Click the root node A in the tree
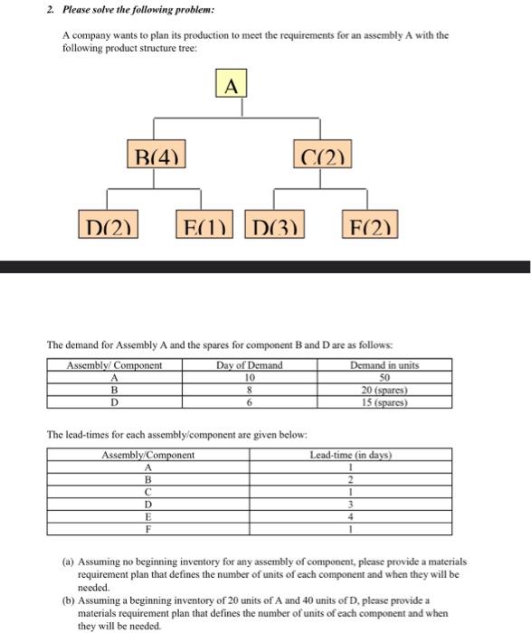(231, 87)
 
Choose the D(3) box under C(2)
(275, 222)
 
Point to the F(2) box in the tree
(369, 222)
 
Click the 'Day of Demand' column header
(250, 365)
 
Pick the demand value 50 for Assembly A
(384, 377)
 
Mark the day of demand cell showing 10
(250, 377)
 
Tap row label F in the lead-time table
(147, 529)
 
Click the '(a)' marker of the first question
(68, 562)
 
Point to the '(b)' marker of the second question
(68, 600)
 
